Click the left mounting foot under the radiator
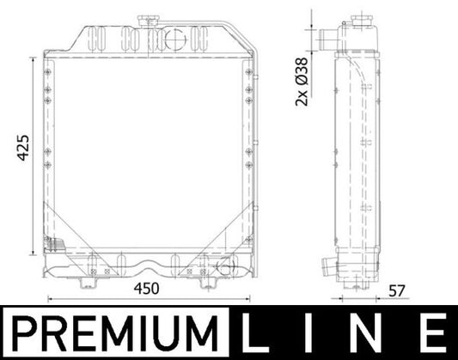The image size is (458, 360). [89, 277]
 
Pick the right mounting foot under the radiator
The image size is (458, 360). [209, 277]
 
